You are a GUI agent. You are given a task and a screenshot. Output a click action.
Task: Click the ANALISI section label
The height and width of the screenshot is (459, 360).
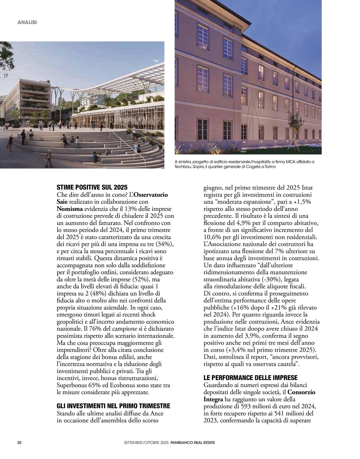coord(27,22)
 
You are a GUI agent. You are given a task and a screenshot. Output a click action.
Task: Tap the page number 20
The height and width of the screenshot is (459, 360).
coord(19,442)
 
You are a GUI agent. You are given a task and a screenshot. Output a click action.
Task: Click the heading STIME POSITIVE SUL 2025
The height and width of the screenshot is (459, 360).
coord(92,188)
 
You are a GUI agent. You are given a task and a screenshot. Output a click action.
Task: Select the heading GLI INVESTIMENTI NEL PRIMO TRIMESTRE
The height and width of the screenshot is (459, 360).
coord(113,406)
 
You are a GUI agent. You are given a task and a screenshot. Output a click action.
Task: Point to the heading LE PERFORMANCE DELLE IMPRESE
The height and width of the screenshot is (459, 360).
coord(250,378)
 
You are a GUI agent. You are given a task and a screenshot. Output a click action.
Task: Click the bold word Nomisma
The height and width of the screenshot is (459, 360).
coord(70,208)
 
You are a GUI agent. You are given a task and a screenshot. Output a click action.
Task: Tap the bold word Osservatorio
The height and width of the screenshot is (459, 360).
coord(151,195)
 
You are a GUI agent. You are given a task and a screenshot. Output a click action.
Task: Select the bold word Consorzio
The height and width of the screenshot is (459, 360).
coord(301,392)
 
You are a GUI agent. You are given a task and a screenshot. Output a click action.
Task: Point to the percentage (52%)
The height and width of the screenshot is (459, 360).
coord(142,279)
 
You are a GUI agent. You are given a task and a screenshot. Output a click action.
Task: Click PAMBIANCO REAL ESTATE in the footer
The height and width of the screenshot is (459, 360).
coord(192,443)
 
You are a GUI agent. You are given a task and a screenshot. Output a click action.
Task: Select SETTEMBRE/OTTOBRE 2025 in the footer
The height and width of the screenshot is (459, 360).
coord(146,443)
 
